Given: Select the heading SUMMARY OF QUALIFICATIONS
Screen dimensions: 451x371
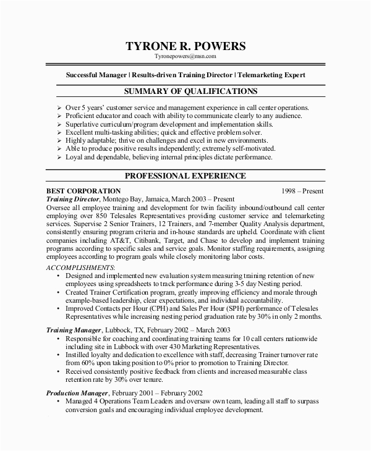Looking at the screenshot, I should coord(185,91).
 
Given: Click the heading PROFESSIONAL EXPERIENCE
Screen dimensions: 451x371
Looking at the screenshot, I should coord(185,176).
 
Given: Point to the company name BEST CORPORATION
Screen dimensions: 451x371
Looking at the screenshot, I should coord(84,191).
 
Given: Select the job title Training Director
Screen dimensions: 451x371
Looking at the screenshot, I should coord(72,200).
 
